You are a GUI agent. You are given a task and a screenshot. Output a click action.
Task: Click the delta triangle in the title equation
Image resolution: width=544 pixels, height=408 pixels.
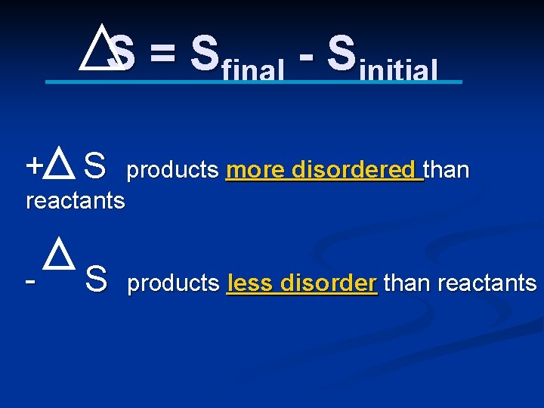97,48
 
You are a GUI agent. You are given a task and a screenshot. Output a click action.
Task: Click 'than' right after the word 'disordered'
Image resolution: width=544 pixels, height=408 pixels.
447,170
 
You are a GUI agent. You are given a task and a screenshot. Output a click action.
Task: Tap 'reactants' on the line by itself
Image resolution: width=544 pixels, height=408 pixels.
75,201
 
